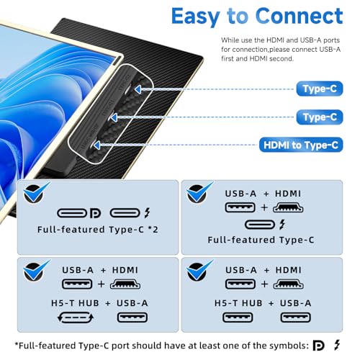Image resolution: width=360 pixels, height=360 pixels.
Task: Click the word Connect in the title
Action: click(300, 16)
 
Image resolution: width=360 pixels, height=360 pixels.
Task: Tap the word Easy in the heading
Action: click(196, 17)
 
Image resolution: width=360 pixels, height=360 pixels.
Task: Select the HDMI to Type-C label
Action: click(301, 145)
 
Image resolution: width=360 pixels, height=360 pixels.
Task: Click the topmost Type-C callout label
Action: click(320, 89)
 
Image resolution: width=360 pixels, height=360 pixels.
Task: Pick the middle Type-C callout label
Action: click(320, 117)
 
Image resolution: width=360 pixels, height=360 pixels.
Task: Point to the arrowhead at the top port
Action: click(138, 89)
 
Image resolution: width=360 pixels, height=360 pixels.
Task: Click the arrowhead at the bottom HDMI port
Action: click(96, 145)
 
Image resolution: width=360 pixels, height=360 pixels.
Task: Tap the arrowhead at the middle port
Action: click(114, 117)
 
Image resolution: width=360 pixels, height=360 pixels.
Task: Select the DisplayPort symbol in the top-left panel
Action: click(95, 213)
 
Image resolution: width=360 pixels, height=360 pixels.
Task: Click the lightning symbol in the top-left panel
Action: click(148, 213)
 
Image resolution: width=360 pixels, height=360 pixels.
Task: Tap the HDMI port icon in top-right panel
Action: click(288, 207)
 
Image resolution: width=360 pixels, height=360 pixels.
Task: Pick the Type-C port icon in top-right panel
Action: click(260, 225)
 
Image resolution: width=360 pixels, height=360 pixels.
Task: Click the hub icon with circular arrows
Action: click(76, 318)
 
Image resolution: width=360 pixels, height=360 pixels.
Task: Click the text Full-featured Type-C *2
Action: click(98, 230)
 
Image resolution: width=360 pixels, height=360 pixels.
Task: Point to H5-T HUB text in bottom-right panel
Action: click(238, 303)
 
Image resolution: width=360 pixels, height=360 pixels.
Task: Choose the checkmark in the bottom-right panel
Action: click(199, 270)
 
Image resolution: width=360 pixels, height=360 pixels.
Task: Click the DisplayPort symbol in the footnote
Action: click(319, 346)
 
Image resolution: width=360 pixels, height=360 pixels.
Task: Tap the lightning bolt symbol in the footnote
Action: click(337, 346)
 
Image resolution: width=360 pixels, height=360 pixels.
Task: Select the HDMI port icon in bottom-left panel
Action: click(125, 284)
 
